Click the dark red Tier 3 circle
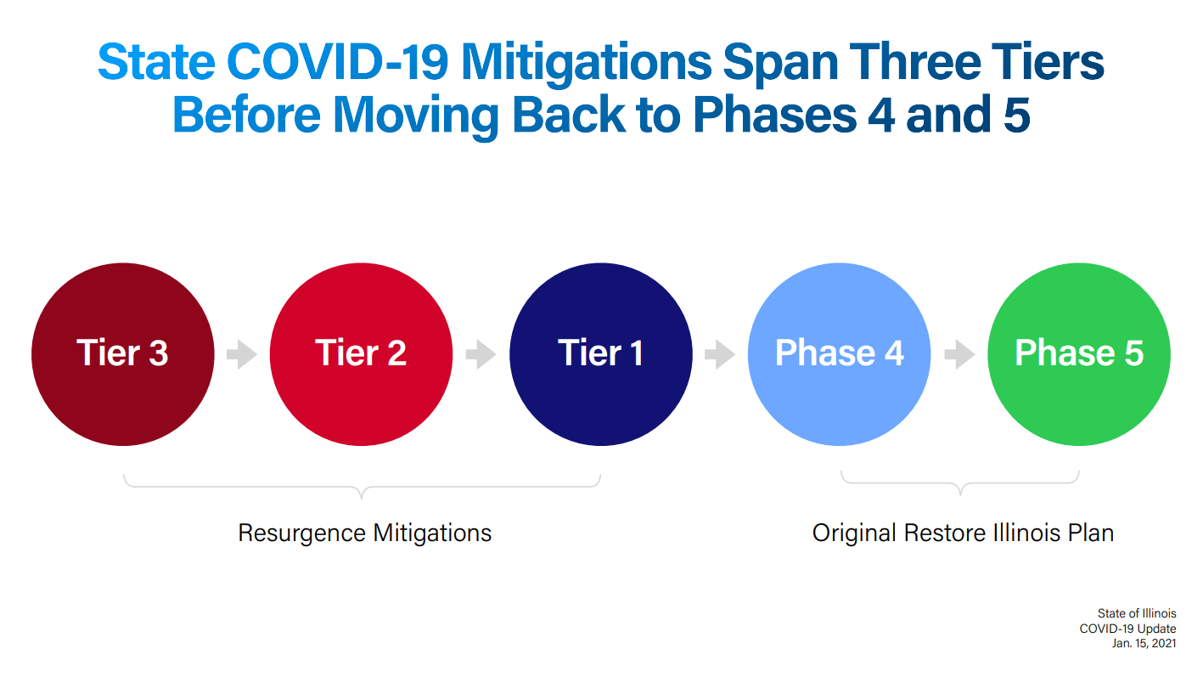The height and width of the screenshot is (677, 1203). click(123, 354)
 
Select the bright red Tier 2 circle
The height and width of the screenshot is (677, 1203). click(362, 354)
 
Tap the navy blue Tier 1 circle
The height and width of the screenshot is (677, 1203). click(601, 354)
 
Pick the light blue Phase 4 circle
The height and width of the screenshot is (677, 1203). click(840, 354)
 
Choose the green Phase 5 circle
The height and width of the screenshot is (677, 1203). click(1079, 354)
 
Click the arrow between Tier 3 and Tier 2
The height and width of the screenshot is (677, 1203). click(242, 354)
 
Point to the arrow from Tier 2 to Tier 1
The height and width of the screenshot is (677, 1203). click(481, 354)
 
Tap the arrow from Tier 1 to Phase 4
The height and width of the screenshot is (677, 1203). click(720, 354)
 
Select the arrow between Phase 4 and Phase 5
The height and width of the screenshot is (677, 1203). click(959, 354)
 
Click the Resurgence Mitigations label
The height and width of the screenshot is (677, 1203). click(365, 533)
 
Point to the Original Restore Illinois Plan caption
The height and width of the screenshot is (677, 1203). click(963, 533)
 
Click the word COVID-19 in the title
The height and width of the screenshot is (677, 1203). click(337, 62)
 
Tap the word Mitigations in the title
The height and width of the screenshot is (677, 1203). click(587, 65)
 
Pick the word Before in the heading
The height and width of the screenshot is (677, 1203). click(246, 115)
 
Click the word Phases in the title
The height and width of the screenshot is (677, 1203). click(774, 115)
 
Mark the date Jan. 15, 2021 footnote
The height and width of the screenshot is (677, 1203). click(1144, 643)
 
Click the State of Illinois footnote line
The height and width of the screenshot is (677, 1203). click(1137, 613)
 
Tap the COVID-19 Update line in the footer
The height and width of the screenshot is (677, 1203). click(1127, 628)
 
